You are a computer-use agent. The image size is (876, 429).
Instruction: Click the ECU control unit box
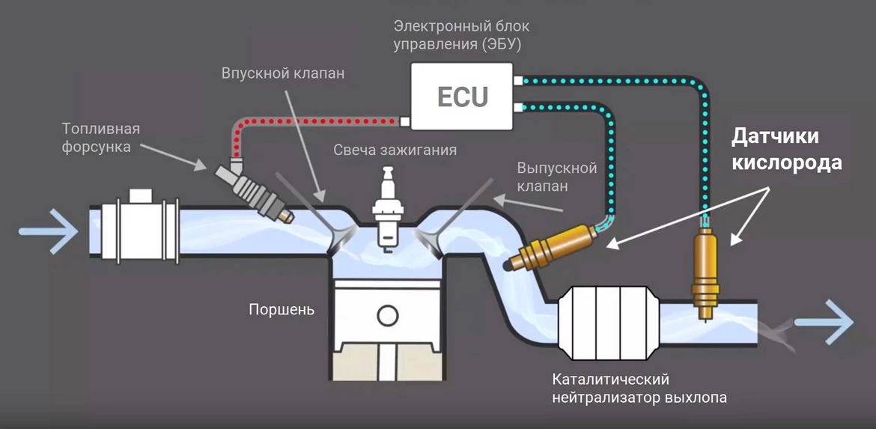pyautogui.click(x=462, y=96)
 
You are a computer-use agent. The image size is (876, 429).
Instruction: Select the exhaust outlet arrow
pyautogui.click(x=824, y=323)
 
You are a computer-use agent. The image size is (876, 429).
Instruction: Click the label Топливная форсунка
pyautogui.click(x=100, y=138)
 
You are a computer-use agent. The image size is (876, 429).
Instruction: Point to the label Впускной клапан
pyautogui.click(x=283, y=73)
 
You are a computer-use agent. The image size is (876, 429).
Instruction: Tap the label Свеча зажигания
pyautogui.click(x=395, y=150)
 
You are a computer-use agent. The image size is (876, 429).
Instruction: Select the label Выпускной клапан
pyautogui.click(x=556, y=175)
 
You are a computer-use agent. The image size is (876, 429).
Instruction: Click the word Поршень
pyautogui.click(x=282, y=309)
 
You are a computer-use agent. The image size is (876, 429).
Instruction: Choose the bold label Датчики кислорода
pyautogui.click(x=785, y=150)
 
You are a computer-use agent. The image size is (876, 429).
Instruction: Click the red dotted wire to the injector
pyautogui.click(x=314, y=121)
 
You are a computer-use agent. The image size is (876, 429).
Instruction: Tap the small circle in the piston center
pyautogui.click(x=386, y=314)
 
